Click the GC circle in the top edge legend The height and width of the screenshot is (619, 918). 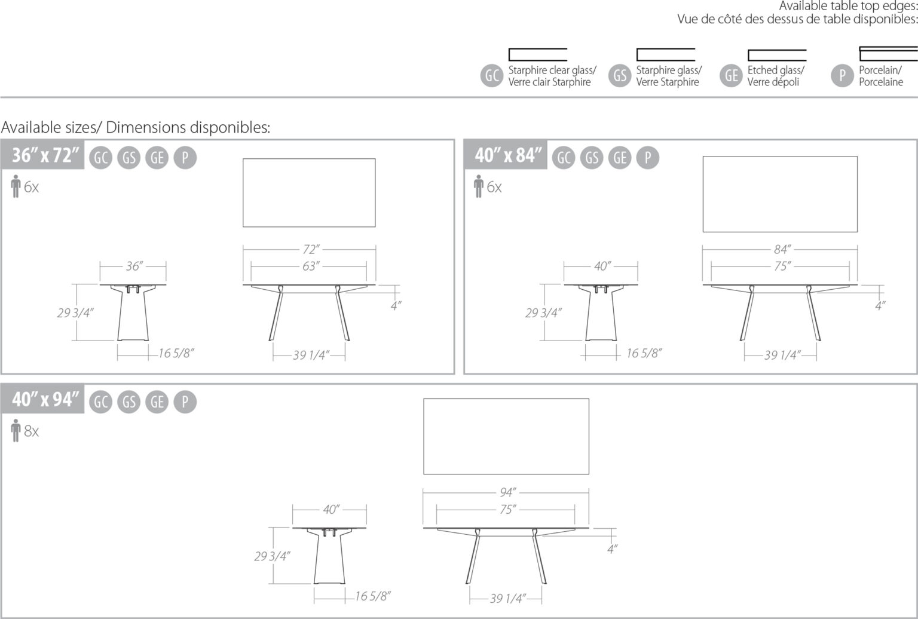point(492,76)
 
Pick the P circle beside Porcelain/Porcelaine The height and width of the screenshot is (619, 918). point(842,76)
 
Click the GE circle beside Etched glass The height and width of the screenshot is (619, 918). point(731,76)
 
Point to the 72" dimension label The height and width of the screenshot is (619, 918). point(310,249)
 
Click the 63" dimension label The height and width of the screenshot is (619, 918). point(310,266)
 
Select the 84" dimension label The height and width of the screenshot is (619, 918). point(781,249)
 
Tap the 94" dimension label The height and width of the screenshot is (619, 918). point(507,492)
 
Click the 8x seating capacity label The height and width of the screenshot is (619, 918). point(31,431)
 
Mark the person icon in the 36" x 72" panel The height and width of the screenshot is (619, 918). point(16,187)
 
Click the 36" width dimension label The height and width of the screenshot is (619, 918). point(133,266)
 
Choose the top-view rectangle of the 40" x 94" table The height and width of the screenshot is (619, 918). point(506,437)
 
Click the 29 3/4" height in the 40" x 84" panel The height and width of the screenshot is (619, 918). point(543,312)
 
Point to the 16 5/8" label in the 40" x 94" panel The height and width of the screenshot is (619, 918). point(372,596)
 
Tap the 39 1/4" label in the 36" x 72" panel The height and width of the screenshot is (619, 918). point(310,356)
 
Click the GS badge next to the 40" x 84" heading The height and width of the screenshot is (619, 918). point(592,158)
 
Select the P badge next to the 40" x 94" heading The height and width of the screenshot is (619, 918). point(185,402)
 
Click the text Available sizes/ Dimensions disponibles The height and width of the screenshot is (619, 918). point(136,127)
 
